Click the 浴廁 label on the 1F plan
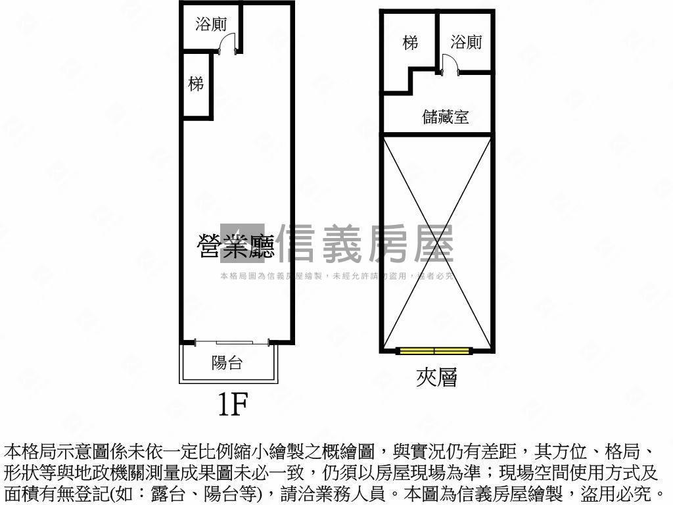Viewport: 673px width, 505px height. [211, 25]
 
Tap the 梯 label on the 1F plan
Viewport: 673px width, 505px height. [196, 84]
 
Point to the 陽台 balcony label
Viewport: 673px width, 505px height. [227, 362]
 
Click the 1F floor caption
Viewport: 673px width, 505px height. [232, 404]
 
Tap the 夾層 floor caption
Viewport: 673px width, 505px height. [436, 377]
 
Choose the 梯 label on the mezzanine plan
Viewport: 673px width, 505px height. [411, 43]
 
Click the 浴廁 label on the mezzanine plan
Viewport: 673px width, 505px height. [466, 43]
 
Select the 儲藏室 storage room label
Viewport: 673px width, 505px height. [446, 117]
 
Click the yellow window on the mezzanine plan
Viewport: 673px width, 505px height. [434, 350]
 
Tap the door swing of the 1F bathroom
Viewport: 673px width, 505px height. [227, 43]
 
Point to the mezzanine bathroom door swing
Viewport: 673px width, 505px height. [450, 64]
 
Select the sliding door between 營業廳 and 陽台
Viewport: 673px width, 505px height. [233, 341]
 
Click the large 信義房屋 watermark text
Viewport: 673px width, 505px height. [366, 244]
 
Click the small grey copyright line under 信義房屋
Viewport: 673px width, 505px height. [336, 276]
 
